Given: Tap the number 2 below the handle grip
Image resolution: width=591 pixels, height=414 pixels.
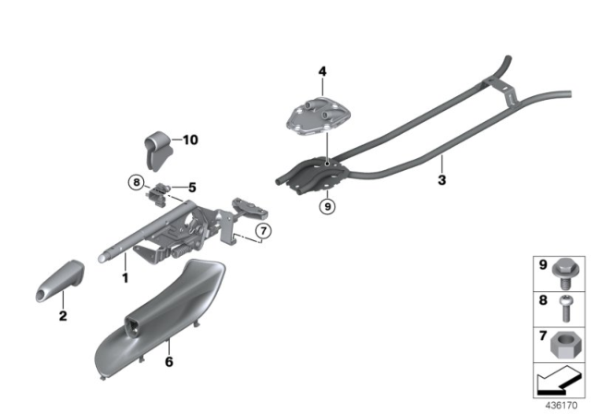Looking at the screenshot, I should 63,316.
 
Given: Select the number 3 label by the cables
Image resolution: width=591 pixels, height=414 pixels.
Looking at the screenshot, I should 441,180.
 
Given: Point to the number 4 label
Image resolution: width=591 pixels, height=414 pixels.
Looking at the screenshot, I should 322,71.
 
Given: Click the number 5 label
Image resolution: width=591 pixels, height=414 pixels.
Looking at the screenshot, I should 193,187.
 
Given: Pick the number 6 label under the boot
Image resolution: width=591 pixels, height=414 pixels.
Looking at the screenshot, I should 168,362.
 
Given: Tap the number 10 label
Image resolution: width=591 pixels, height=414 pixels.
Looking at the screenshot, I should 190,140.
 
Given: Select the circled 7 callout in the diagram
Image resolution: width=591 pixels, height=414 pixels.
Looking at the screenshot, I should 262,230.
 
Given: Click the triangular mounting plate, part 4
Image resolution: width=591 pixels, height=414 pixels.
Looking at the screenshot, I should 322,118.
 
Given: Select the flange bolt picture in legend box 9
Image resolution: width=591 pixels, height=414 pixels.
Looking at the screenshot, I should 565,272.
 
